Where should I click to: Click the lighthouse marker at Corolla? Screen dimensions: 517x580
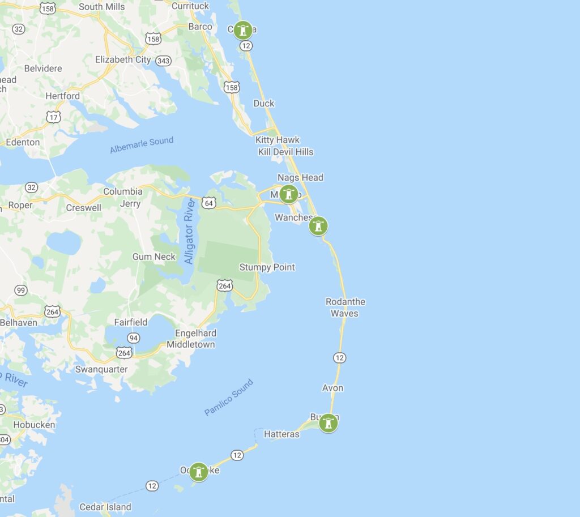point(243,30)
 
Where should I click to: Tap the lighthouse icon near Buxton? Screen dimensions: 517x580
point(329,423)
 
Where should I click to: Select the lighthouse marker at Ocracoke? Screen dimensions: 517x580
point(198,471)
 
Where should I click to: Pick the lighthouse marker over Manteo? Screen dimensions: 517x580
point(289,194)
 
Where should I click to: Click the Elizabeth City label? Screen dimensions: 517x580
point(123,59)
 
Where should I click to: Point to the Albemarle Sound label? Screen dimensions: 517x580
point(142,145)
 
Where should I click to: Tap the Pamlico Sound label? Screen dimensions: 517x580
point(229,398)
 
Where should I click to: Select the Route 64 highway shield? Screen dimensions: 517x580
point(209,203)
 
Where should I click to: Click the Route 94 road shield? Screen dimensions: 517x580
point(134,338)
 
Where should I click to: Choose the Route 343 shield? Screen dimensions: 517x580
point(164,60)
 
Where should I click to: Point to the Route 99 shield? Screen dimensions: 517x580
point(21,290)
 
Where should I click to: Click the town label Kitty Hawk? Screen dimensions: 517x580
point(278,140)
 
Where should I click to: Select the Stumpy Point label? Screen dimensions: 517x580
point(267,267)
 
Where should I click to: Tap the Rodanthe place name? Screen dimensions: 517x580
point(346,302)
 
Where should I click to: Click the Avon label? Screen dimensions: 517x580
point(332,388)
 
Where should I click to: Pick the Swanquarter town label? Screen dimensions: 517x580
point(101,369)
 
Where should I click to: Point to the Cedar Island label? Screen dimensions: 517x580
point(105,507)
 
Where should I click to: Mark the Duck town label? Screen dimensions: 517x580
point(264,103)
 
